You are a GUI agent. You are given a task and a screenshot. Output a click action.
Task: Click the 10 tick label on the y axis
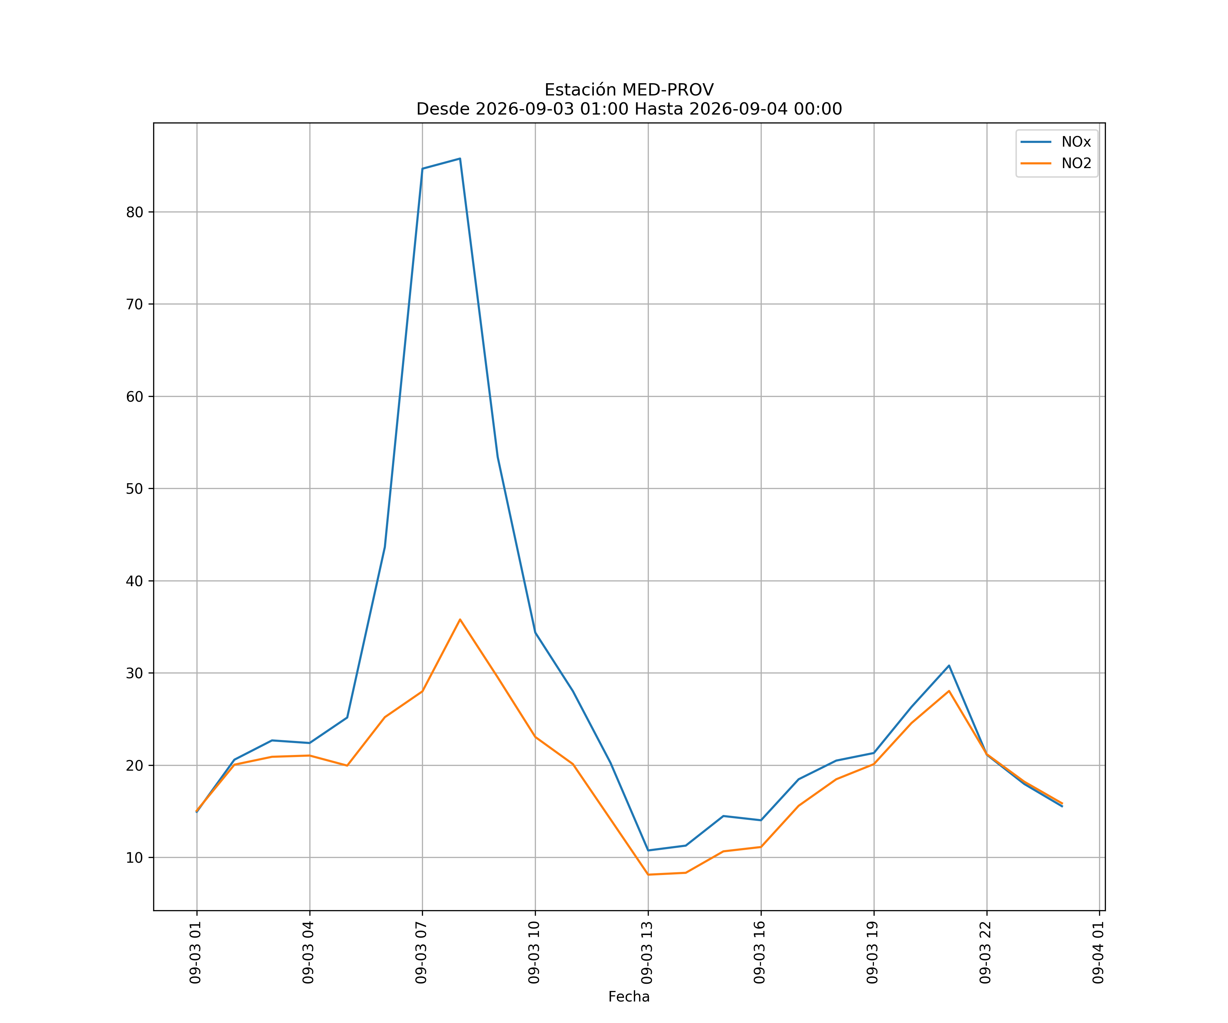tap(134, 858)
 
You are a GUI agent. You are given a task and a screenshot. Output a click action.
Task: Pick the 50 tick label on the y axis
tap(134, 489)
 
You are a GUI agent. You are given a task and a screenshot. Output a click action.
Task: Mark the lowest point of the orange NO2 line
tap(648, 875)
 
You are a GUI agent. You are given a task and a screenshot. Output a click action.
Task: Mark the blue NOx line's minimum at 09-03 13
tap(648, 850)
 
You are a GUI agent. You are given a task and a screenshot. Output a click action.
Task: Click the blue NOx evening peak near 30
tap(949, 665)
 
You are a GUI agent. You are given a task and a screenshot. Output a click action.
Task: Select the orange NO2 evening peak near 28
tap(949, 691)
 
